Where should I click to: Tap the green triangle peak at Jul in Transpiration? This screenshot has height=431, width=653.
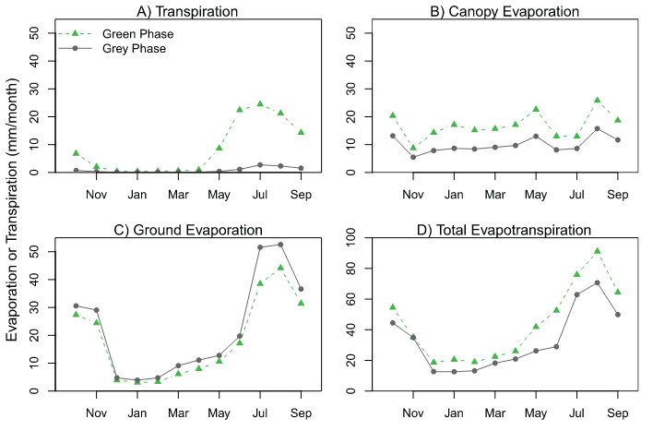260,104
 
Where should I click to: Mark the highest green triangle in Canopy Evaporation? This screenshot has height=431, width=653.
597,100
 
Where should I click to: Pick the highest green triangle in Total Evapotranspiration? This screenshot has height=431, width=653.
597,250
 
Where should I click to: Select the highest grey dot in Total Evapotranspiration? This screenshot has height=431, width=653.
597,282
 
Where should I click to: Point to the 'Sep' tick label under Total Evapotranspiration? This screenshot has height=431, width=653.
617,413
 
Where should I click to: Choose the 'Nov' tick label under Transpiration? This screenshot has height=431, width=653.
96,195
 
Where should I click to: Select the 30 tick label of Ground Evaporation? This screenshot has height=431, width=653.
34,306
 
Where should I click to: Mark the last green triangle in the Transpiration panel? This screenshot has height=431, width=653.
301,132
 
